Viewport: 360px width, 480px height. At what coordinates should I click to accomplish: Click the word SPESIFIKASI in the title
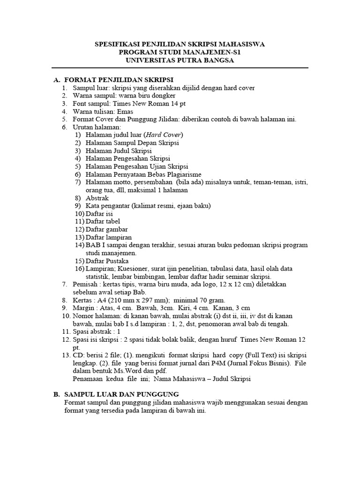[x=117, y=45]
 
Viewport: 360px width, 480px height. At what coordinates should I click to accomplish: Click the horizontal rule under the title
[x=180, y=68]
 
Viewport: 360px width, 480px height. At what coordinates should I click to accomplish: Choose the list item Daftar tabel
[x=103, y=221]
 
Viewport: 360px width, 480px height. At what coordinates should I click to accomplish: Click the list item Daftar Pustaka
[x=107, y=261]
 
